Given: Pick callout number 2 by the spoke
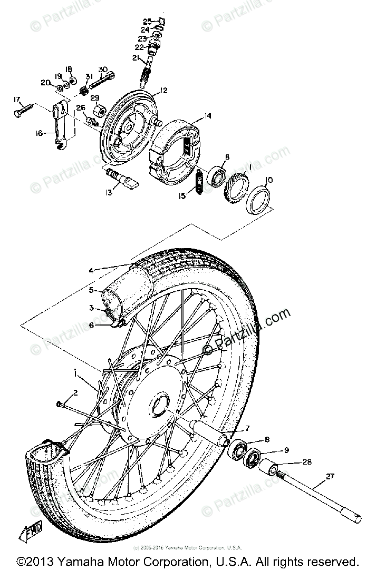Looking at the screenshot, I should point(75,392).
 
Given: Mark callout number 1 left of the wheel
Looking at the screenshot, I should point(76,372).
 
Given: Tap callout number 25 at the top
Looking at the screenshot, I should point(148,21).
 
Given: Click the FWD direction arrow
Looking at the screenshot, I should point(33,533).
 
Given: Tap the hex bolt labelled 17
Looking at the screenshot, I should point(24,110).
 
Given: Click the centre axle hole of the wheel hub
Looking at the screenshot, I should point(159,405).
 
